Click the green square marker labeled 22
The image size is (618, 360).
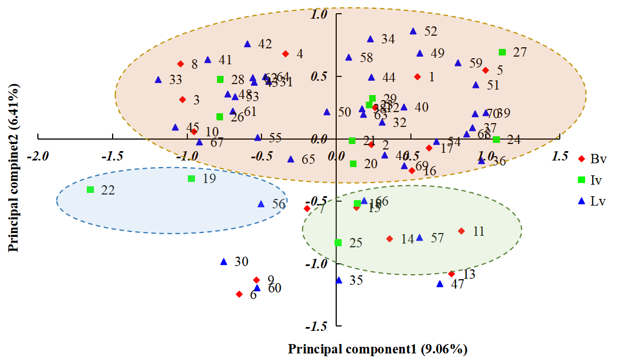tap(90, 190)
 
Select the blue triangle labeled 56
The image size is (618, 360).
tap(261, 204)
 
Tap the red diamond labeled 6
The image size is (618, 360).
tap(239, 294)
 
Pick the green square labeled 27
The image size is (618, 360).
tap(502, 52)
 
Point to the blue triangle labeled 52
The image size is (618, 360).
tap(413, 31)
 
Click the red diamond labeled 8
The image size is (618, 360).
tap(180, 64)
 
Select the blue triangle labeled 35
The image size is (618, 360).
tap(339, 280)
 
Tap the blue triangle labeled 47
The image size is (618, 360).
tap(439, 284)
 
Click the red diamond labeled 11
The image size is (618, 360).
tap(461, 231)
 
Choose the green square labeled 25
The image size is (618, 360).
tap(338, 242)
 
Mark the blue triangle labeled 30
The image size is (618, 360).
tap(224, 262)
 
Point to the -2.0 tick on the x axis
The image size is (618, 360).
tap(38, 157)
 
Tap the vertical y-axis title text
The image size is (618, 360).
tap(14, 168)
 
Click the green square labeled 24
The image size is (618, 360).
tap(496, 140)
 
